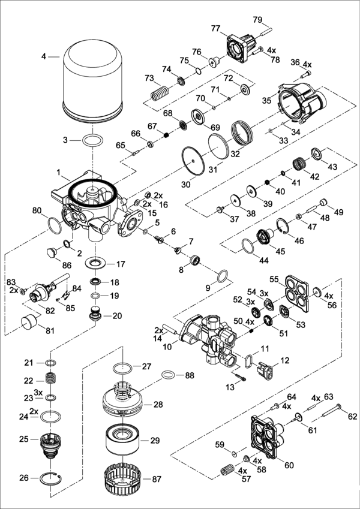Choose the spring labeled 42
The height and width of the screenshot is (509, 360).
(x=299, y=163)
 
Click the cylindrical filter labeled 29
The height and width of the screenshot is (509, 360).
(x=124, y=440)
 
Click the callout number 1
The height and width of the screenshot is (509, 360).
(x=59, y=172)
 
